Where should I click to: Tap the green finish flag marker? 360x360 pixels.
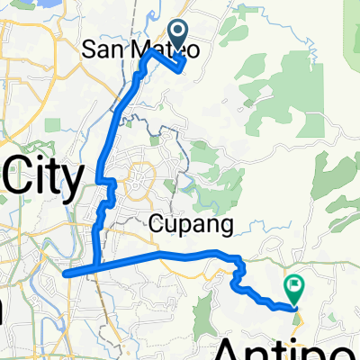[x=293, y=288]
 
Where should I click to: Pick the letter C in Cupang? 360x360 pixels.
[x=157, y=222]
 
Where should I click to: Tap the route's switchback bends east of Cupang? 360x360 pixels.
[x=239, y=274]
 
